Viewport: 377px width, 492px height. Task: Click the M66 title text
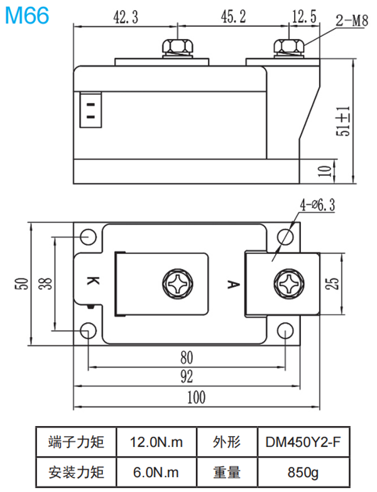(26, 16)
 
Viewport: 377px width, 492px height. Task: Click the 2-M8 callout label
(351, 21)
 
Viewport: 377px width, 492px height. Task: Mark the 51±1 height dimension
(344, 122)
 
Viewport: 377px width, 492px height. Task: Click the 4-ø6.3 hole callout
(318, 205)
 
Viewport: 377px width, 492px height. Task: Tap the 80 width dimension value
(186, 358)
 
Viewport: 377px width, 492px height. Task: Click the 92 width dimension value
(187, 377)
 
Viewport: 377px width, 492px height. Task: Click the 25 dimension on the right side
(335, 283)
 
